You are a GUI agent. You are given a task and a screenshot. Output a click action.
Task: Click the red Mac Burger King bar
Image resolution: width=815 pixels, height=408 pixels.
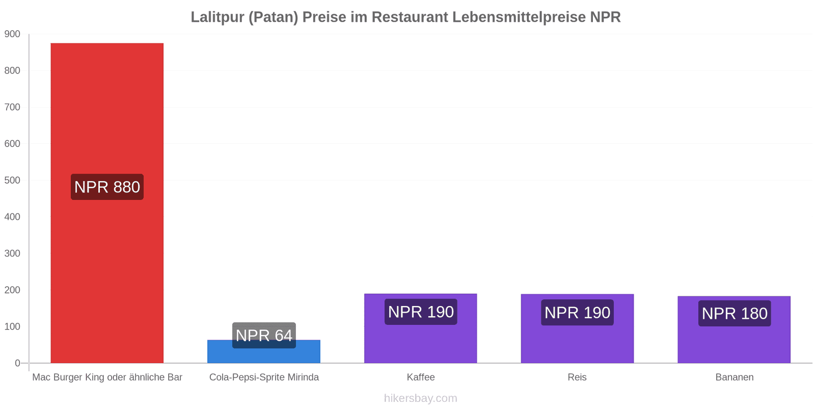tap(107, 203)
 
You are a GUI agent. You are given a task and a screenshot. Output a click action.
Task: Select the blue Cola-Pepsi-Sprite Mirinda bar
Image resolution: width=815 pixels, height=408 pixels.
tap(264, 351)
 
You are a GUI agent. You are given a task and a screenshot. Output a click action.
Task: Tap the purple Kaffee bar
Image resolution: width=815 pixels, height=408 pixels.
tap(421, 328)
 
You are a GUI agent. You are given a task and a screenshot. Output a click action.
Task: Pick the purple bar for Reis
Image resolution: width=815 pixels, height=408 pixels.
tap(578, 328)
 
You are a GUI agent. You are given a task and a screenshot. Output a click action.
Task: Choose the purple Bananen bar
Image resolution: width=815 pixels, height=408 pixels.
tap(734, 329)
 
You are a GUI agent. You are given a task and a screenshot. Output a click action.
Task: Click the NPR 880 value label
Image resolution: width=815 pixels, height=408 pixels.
tap(107, 187)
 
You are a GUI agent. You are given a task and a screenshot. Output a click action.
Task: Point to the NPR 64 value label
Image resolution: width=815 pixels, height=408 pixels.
tap(264, 335)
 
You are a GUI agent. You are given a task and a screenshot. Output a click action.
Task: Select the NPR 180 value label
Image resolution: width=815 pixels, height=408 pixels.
tap(735, 313)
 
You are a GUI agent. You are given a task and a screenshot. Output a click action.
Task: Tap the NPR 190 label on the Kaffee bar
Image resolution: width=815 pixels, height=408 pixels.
tap(421, 312)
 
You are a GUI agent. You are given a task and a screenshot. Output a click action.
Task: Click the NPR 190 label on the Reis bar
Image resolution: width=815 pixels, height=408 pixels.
tap(578, 313)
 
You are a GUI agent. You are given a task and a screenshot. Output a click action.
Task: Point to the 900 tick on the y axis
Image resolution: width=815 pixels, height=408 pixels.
tap(12, 34)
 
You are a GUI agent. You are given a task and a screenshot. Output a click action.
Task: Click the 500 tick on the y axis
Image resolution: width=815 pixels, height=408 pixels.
tap(12, 181)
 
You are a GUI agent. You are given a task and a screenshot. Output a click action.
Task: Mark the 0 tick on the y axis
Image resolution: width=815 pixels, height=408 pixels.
tap(17, 363)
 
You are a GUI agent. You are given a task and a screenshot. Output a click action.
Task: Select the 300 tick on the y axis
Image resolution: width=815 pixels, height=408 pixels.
tap(12, 253)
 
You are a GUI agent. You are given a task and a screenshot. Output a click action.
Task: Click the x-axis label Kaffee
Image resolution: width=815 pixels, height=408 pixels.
tap(421, 377)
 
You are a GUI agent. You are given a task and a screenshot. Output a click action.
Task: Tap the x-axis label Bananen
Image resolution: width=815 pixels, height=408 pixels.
tap(734, 377)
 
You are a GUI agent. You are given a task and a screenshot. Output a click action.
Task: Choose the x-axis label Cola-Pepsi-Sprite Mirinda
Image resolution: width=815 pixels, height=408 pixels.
tap(264, 377)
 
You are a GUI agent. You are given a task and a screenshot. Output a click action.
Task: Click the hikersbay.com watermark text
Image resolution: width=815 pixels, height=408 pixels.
tap(421, 398)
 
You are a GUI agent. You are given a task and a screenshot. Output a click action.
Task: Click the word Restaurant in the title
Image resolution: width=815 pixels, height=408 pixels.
tap(410, 17)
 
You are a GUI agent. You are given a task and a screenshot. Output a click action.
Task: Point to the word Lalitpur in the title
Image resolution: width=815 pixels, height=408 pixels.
tap(218, 17)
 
